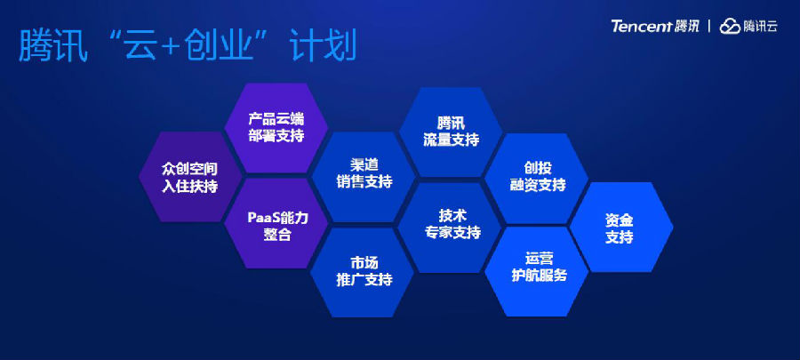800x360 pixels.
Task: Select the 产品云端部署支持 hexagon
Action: tap(276, 128)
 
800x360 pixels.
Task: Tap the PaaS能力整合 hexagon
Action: tap(276, 223)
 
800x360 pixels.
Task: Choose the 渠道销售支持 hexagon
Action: tap(363, 176)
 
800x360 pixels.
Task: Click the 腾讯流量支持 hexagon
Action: tap(451, 132)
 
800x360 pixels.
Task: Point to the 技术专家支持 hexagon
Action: tap(450, 228)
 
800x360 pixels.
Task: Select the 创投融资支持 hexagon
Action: tap(536, 179)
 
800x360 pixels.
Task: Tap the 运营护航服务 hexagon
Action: tap(536, 271)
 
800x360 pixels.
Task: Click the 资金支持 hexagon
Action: tap(621, 227)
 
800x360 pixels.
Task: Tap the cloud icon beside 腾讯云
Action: tap(730, 27)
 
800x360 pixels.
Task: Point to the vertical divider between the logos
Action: tap(709, 27)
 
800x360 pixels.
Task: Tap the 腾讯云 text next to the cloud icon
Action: tap(760, 27)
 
